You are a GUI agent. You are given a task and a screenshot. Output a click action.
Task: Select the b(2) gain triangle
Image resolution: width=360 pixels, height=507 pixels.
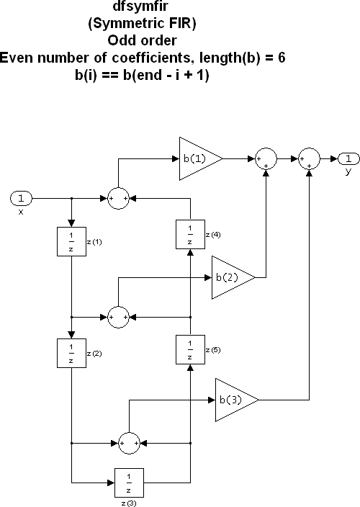pyautogui.click(x=230, y=277)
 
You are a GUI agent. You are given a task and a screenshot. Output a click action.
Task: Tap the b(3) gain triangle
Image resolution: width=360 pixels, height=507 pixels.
pyautogui.click(x=233, y=399)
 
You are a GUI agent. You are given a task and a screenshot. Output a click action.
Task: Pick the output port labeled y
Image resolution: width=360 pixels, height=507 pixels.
pyautogui.click(x=348, y=158)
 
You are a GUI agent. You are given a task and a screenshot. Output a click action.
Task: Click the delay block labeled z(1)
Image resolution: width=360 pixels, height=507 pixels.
pyautogui.click(x=71, y=241)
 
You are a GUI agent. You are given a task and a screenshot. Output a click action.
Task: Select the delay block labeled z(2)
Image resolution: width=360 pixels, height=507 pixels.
pyautogui.click(x=71, y=350)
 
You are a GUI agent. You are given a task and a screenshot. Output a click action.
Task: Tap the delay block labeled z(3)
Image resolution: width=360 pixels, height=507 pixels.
pyautogui.click(x=130, y=480)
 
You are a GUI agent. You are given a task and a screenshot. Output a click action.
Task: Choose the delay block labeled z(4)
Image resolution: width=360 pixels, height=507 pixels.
pyautogui.click(x=189, y=235)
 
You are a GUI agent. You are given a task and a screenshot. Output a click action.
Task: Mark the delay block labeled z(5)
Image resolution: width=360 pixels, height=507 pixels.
pyautogui.click(x=189, y=350)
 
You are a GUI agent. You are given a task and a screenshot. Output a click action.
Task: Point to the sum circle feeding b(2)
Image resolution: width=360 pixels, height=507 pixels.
pyautogui.click(x=118, y=315)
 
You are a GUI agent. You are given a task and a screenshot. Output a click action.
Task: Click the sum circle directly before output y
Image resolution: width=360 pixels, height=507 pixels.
pyautogui.click(x=310, y=158)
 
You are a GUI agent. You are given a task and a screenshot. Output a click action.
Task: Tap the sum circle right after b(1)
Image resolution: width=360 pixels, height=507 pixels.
pyautogui.click(x=266, y=158)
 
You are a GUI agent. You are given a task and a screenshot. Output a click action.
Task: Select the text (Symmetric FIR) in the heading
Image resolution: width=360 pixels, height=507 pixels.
pyautogui.click(x=140, y=23)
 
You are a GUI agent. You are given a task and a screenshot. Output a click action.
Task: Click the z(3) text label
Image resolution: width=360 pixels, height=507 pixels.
pyautogui.click(x=130, y=501)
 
